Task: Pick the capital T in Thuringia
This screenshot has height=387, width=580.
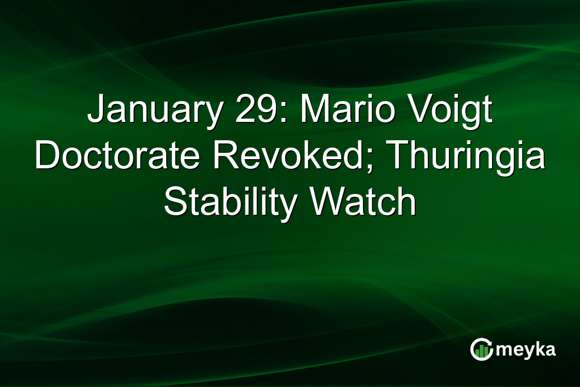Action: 397,158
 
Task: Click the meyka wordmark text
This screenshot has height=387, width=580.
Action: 525,350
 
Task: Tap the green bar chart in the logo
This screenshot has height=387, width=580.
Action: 480,352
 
